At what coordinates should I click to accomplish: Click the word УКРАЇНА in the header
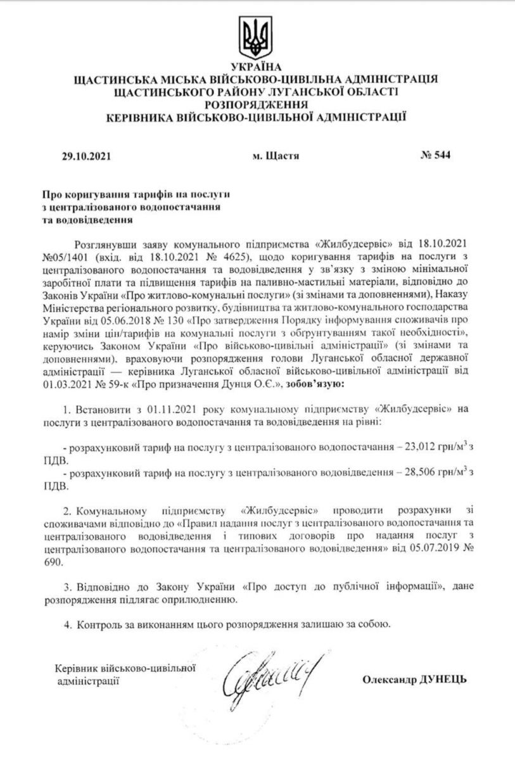click(256, 67)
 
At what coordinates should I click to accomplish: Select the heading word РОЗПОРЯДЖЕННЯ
click(256, 104)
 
